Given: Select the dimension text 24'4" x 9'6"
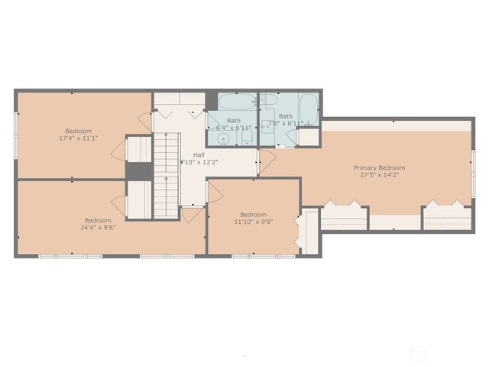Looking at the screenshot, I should [x=98, y=227].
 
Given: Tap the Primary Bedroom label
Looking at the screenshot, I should [x=379, y=167].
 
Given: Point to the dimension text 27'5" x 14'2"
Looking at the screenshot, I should [x=379, y=175].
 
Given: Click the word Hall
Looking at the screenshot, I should [x=198, y=155].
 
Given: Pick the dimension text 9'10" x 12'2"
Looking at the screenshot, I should [x=198, y=162].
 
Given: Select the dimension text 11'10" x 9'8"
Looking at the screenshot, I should [x=253, y=222].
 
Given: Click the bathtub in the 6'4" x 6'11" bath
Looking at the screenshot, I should [x=238, y=102].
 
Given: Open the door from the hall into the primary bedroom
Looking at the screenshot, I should [x=267, y=161].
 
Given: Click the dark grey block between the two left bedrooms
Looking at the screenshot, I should [x=138, y=171].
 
